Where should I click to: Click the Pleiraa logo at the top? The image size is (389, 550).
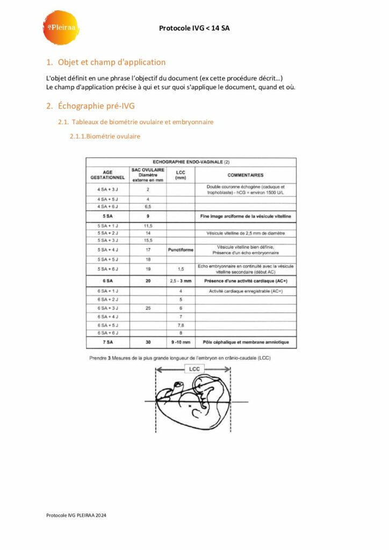60,27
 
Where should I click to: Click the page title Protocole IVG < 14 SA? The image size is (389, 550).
195,28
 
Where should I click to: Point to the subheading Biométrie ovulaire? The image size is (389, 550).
105,136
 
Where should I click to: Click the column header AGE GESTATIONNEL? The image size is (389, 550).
107,175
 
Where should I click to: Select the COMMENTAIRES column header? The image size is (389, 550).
245,175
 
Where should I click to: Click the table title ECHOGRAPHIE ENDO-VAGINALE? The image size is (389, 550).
191,162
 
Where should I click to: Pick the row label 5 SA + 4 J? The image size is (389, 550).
107,250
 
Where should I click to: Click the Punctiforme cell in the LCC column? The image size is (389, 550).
181,250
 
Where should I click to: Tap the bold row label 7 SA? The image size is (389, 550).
107,342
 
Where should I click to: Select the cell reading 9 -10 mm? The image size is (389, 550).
181,342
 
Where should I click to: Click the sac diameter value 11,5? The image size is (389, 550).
148,226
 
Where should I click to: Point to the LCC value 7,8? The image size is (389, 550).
181,325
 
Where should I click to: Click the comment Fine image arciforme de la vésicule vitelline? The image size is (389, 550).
245,216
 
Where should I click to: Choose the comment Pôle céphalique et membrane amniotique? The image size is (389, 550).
245,342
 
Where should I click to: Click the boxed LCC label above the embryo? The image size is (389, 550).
193,369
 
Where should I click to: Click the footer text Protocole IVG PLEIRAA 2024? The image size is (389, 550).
76,515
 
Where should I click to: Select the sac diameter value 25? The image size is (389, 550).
148,308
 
